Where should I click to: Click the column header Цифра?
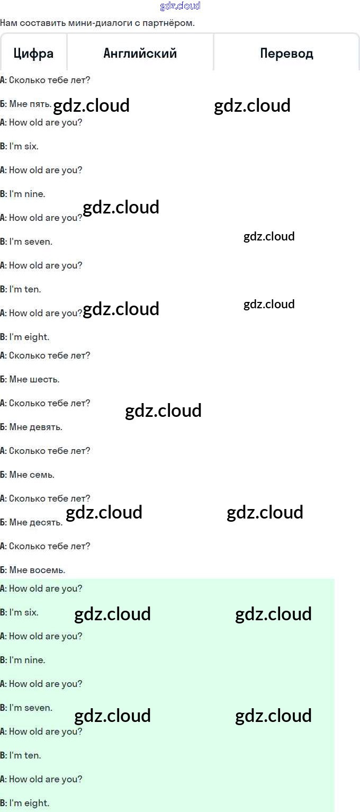coord(33,53)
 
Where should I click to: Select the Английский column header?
coord(140,53)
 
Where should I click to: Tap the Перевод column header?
coord(286,53)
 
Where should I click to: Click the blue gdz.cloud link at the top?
coord(180,6)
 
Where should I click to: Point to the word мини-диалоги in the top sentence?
coord(95,23)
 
